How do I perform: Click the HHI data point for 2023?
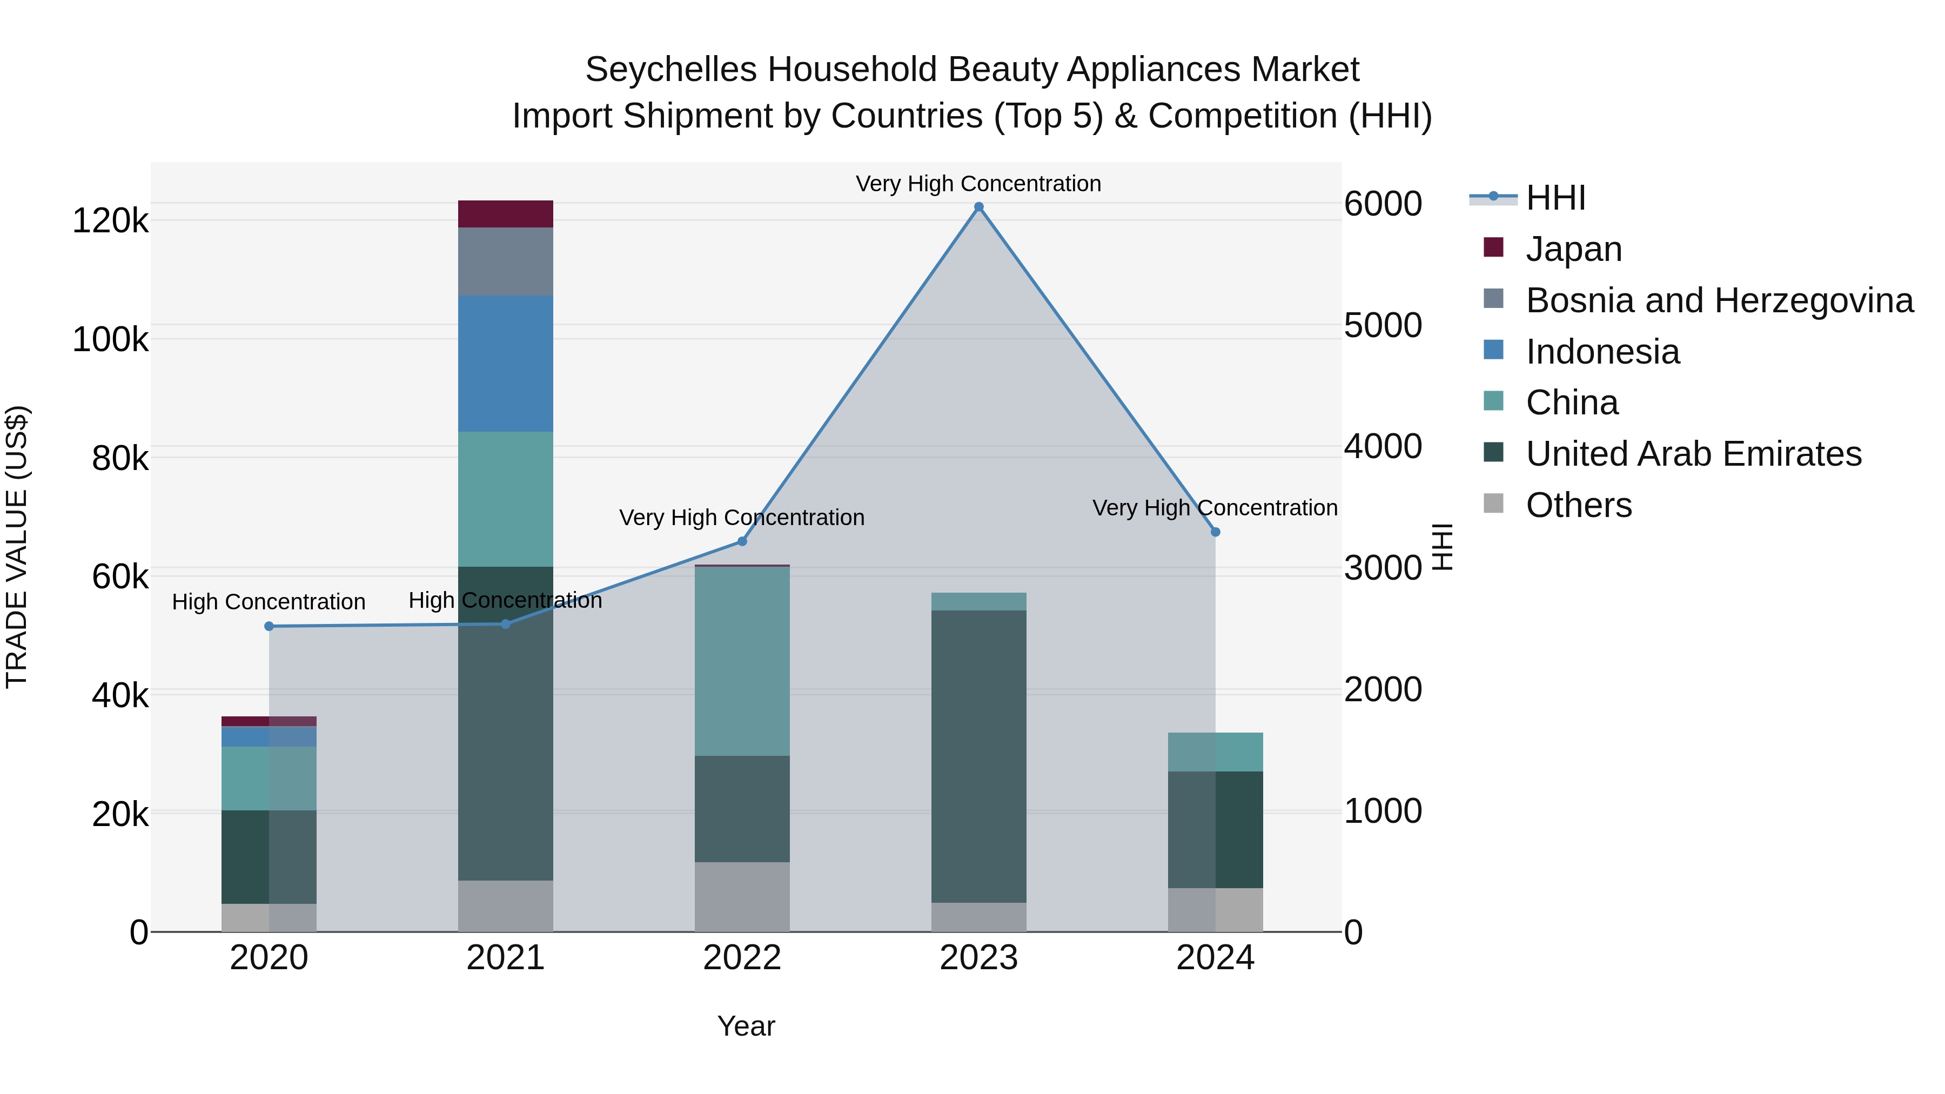click(978, 207)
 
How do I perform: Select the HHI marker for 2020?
click(269, 626)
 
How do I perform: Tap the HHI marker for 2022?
click(741, 541)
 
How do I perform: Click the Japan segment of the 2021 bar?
click(505, 213)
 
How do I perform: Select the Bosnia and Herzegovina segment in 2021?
click(505, 261)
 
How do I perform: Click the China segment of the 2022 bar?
click(741, 661)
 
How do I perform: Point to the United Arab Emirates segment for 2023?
click(978, 756)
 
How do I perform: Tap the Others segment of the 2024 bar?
click(1215, 910)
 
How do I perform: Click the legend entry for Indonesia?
click(1602, 352)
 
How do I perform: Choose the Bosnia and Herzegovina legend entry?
click(1719, 300)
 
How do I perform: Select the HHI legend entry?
click(1555, 198)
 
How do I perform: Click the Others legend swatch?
click(1493, 504)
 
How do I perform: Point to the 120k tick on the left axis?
click(110, 221)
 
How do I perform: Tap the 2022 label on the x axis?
click(741, 958)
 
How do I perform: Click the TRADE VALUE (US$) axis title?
click(17, 547)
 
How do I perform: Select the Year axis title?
click(746, 1026)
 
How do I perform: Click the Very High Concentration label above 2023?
click(978, 184)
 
